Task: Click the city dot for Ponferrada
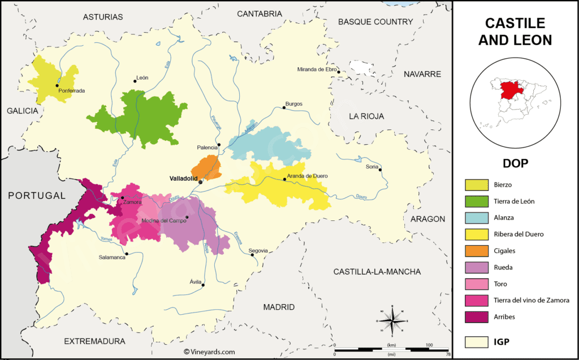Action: pyautogui.click(x=57, y=86)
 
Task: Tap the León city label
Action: pyautogui.click(x=142, y=78)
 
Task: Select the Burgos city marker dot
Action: pyautogui.click(x=284, y=107)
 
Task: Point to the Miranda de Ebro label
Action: pyautogui.click(x=317, y=70)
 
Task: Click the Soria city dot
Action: pyautogui.click(x=381, y=170)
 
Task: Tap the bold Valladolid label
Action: pyautogui.click(x=184, y=178)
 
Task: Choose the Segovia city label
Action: pyautogui.click(x=258, y=250)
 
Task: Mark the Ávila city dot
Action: pyautogui.click(x=204, y=285)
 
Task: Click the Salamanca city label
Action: pyautogui.click(x=113, y=257)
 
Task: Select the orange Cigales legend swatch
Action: pyautogui.click(x=477, y=250)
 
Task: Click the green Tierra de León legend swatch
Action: pyautogui.click(x=477, y=201)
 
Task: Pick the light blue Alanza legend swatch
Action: pyautogui.click(x=477, y=218)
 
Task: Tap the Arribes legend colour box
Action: pyautogui.click(x=477, y=317)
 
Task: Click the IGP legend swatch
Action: pyautogui.click(x=477, y=341)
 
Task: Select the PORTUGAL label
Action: pyautogui.click(x=37, y=196)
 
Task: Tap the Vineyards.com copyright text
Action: pyautogui.click(x=209, y=352)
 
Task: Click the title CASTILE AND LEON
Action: pyautogui.click(x=515, y=32)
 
